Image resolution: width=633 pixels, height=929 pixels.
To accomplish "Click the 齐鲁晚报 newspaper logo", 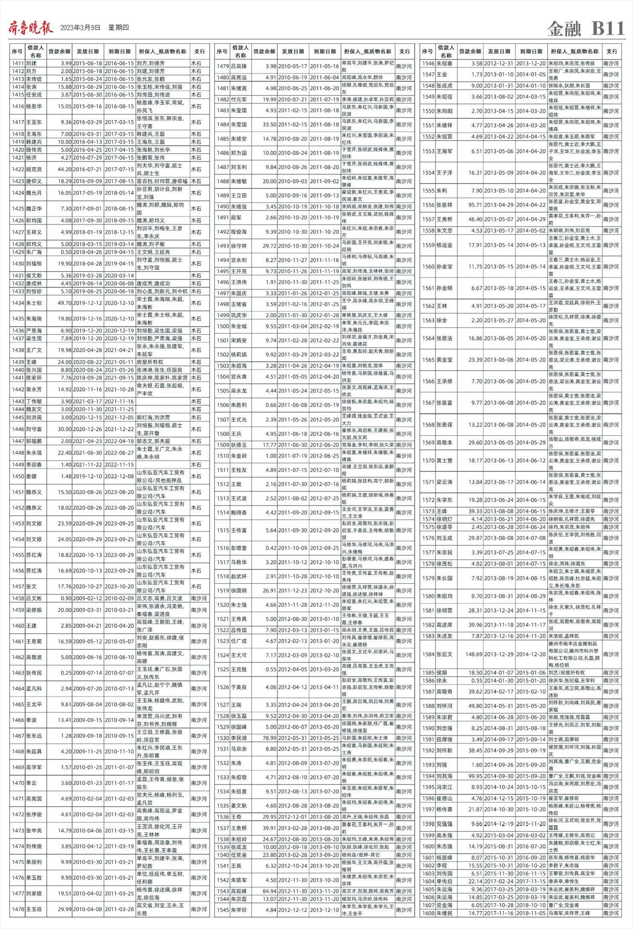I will (x=31, y=28).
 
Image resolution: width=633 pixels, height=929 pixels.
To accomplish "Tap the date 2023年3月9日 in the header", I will (x=80, y=28).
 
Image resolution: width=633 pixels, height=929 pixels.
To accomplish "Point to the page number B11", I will (x=607, y=28).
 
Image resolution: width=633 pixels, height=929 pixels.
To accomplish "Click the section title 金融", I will (x=564, y=29).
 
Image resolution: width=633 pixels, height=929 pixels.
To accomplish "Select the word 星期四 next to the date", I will (x=118, y=28).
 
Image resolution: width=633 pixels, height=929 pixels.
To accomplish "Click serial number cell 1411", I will (x=17, y=63).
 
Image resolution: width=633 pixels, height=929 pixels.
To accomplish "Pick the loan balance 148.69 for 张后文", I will (x=471, y=654).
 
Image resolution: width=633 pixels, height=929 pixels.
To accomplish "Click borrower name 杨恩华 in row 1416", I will (x=34, y=106).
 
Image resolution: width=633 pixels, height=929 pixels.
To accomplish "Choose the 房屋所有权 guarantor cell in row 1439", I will (x=150, y=362).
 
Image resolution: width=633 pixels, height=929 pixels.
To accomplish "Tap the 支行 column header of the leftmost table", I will (x=199, y=51).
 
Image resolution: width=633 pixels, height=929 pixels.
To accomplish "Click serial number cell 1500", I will (x=223, y=326).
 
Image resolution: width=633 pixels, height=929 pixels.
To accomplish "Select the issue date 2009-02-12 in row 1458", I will (x=87, y=598).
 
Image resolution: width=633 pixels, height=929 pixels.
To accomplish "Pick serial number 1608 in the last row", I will (x=428, y=913).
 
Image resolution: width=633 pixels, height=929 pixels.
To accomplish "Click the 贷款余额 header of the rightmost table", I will (x=470, y=51).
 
